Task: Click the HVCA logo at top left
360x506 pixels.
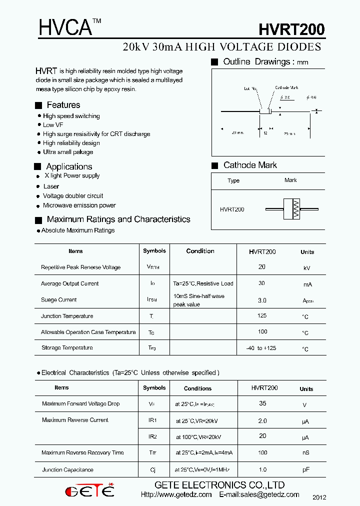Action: coord(66,28)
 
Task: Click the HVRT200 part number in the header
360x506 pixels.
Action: coord(291,30)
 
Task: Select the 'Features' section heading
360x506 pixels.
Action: coord(63,105)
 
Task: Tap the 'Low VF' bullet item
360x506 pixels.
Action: coord(53,125)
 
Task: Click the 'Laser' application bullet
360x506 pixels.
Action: coord(51,186)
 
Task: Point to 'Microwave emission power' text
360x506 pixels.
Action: coord(79,205)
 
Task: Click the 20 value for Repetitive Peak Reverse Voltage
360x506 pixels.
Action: coord(262,267)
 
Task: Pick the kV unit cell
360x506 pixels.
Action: coord(307,268)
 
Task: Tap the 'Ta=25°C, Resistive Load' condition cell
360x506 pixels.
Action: coord(203,283)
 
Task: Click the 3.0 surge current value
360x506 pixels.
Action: coord(262,300)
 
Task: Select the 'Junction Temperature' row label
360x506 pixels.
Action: coord(67,316)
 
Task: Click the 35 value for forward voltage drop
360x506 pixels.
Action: coord(262,403)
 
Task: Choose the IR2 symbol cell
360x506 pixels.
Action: coord(152,436)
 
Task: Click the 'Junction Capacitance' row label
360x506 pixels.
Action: coord(67,470)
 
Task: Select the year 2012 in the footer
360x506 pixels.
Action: coord(319,497)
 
